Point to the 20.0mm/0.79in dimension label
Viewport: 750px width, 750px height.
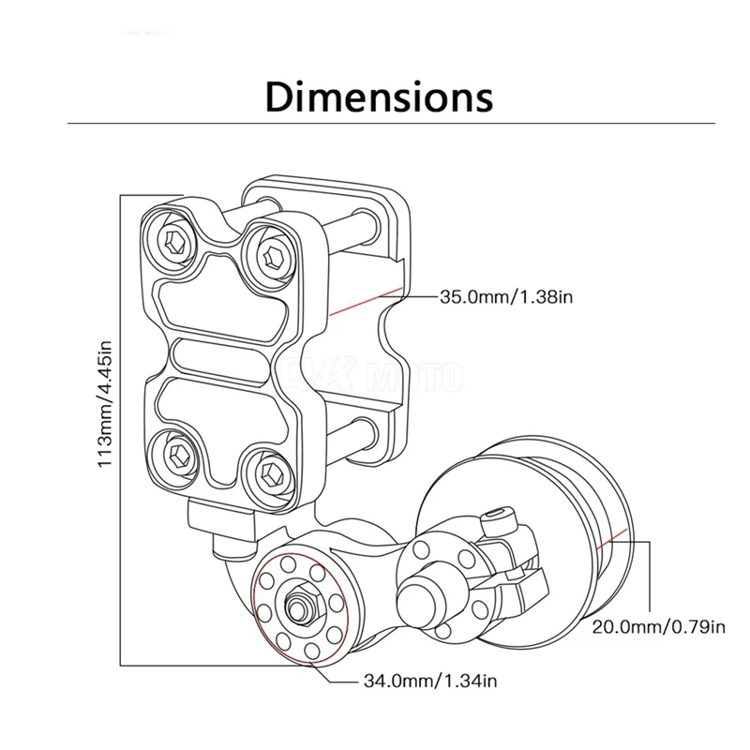[x=659, y=625]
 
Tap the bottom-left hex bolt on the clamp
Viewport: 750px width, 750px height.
[x=180, y=455]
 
